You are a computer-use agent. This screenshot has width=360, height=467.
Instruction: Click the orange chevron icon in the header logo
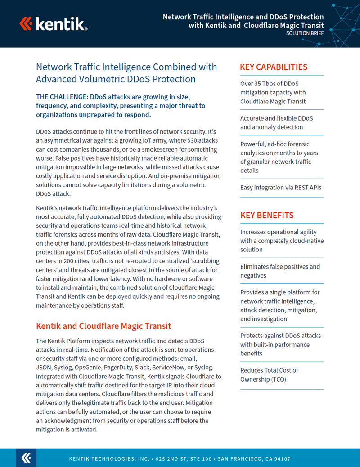pos(26,23)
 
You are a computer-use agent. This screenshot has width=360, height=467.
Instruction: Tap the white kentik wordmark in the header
pos(60,23)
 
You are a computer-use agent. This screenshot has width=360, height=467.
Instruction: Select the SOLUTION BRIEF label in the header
pos(305,34)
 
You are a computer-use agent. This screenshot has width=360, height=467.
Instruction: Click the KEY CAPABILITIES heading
pos(274,67)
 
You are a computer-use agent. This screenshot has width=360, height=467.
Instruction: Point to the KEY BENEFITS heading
pos(267,215)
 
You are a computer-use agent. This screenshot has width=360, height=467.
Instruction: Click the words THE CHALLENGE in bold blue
pos(62,97)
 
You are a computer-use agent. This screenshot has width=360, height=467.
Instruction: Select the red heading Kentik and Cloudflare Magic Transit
pos(103,326)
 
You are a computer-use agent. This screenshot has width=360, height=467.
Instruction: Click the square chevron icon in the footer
pos(26,458)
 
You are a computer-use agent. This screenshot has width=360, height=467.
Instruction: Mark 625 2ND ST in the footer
pos(173,459)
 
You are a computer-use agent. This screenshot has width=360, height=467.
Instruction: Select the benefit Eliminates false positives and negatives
pos(280,271)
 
